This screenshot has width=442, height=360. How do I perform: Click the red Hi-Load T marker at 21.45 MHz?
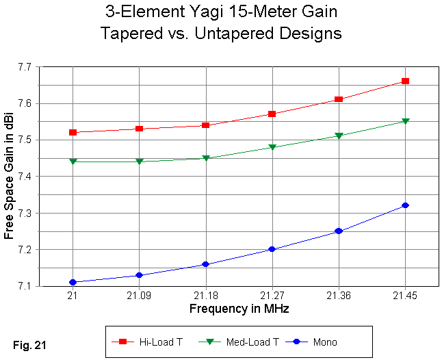pos(405,81)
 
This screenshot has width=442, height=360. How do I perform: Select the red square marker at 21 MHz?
pos(73,132)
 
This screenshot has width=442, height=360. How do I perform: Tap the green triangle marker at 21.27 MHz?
pos(272,147)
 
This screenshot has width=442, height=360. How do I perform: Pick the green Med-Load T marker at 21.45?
pos(405,122)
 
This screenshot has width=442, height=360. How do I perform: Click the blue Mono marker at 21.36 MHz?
pos(339,231)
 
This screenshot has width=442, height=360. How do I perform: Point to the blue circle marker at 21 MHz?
pos(73,282)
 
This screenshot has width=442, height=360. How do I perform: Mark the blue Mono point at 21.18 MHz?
pos(205,264)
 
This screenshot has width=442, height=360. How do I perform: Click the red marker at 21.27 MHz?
pos(272,114)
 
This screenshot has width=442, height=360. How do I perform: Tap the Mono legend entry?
pos(315,342)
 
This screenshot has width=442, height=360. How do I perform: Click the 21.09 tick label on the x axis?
pos(139,296)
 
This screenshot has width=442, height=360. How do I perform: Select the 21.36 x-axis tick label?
pos(339,296)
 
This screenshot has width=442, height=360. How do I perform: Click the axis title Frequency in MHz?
pos(239,309)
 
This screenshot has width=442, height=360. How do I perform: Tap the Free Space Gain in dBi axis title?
pos(9,177)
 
